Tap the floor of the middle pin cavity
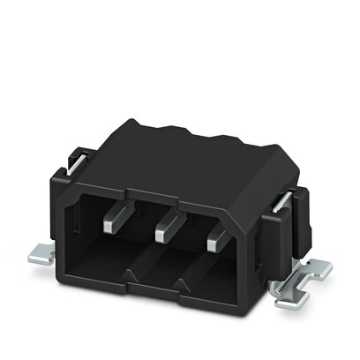pos(159,278)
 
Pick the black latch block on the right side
pos(291,229)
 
